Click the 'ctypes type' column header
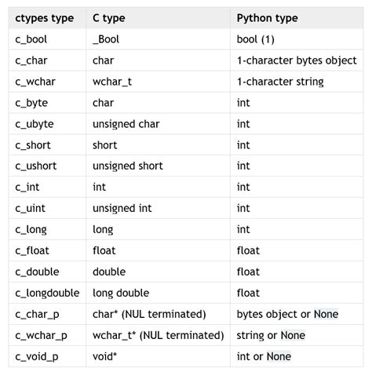pos(44,16)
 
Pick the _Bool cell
pos(108,38)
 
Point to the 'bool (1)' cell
pos(257,38)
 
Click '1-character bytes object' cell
pos(297,60)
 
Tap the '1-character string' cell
pos(279,81)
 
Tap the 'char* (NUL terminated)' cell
pos(149,314)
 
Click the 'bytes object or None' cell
pos(287,314)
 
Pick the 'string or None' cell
pos(271,335)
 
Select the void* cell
pos(104,356)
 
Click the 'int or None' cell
pos(264,356)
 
